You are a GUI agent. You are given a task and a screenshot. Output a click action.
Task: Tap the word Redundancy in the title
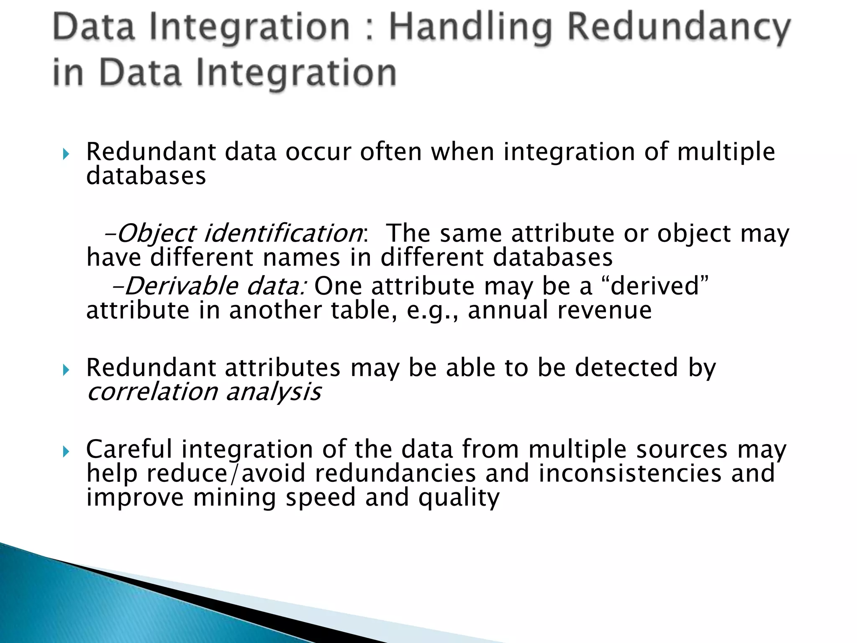[678, 28]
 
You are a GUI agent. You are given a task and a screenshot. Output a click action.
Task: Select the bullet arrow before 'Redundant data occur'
[65, 155]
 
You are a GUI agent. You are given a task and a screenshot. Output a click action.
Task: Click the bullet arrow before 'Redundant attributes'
[65, 370]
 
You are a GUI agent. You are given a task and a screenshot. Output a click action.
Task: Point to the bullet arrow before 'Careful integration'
[65, 452]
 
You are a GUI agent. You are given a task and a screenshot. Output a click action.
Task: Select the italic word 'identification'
[283, 234]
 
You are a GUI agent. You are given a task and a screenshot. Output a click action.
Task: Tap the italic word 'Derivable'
[181, 287]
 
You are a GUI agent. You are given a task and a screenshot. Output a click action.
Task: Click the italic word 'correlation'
[152, 392]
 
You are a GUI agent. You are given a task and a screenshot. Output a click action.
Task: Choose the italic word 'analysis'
[274, 392]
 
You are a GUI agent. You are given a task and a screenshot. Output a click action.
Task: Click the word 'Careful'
[129, 449]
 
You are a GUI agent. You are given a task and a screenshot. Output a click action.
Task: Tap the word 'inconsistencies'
[630, 473]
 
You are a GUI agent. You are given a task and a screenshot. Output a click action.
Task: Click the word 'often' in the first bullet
[391, 152]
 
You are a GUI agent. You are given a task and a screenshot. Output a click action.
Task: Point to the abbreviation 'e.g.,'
[432, 311]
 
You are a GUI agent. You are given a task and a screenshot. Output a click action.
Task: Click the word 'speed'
[321, 498]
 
